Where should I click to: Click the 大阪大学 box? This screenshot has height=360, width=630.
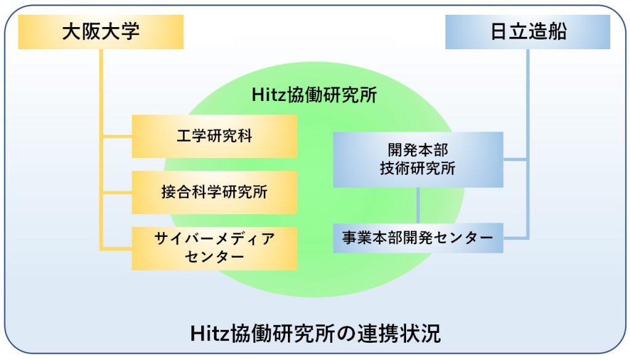point(101,32)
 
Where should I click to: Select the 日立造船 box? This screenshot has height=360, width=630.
point(527,32)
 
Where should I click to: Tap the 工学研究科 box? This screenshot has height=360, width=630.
point(215,136)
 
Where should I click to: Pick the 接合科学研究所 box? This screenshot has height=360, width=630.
point(215,192)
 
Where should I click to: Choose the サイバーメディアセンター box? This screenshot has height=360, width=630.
point(215,248)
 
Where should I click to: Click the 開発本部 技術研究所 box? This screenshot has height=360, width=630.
point(418,159)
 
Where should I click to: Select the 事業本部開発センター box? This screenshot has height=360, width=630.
point(418,238)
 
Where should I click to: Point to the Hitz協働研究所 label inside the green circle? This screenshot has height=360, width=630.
point(314,95)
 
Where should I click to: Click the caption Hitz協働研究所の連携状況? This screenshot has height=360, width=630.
point(316,333)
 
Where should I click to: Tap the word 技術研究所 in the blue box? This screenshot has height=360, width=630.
point(418,169)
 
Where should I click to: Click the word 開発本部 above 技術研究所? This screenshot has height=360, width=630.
point(418,150)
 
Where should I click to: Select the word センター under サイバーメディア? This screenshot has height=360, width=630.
point(215,257)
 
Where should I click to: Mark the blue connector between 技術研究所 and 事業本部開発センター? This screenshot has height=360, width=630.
point(418,206)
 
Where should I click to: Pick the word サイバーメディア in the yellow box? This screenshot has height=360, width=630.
point(215,239)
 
